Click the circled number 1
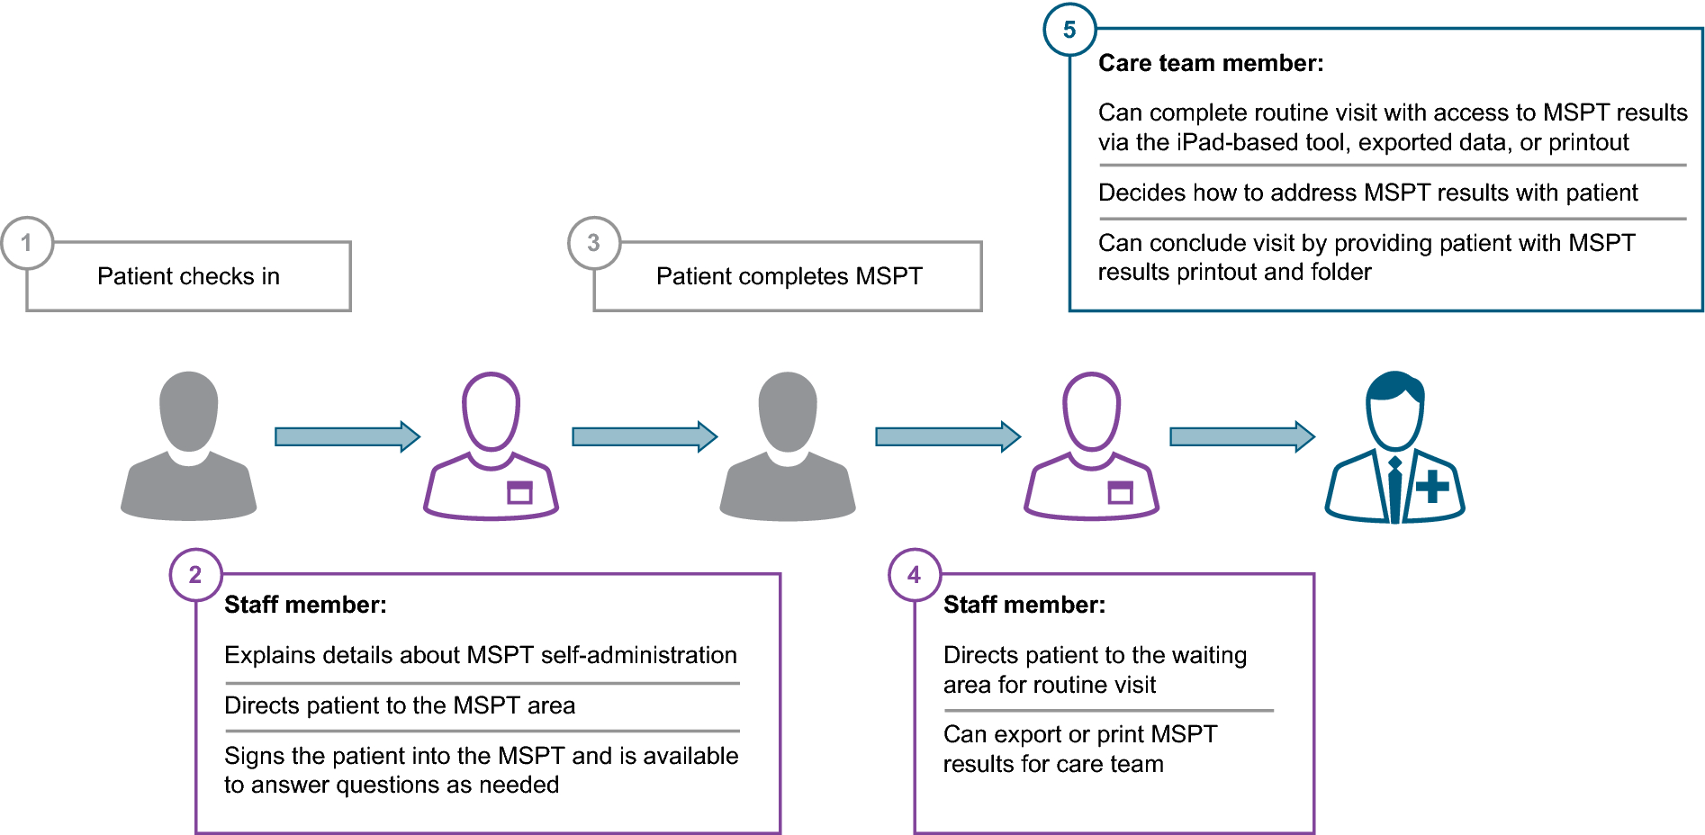27,243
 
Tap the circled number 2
195,575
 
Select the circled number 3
594,243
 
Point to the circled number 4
914,575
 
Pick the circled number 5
1069,30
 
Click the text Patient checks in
188,276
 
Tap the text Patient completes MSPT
789,276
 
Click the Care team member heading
1210,63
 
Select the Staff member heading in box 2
305,605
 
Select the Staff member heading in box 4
1024,605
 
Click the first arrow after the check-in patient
347,436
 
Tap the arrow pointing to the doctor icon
1241,436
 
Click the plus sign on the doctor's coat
1431,487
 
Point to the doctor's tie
1394,490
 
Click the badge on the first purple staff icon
519,492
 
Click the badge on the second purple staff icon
1120,492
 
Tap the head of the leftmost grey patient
189,410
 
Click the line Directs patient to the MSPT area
399,705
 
